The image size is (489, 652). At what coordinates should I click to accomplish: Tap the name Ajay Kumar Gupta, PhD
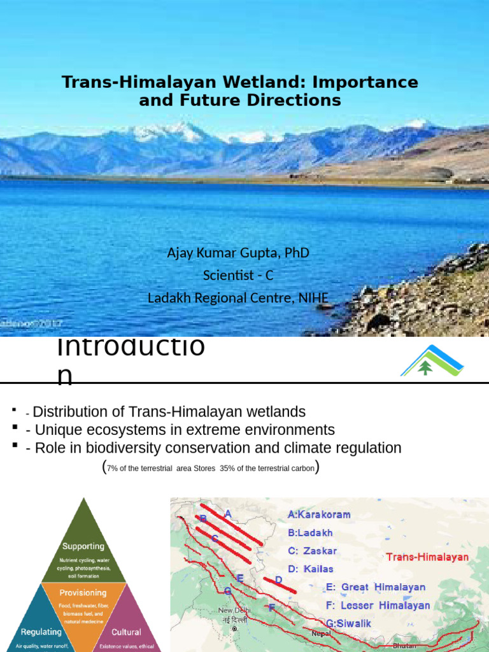click(238, 253)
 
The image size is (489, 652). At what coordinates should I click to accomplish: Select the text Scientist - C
click(238, 275)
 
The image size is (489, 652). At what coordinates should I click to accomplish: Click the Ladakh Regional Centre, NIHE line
click(238, 297)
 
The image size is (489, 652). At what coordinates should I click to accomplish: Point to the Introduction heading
click(131, 360)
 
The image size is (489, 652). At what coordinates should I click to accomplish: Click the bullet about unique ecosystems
click(180, 430)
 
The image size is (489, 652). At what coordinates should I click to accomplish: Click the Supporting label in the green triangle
click(83, 546)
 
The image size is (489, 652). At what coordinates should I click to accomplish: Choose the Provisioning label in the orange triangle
click(83, 593)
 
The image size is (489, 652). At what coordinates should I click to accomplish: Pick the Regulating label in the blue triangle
click(40, 632)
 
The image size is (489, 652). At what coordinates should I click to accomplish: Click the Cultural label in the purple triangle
click(126, 632)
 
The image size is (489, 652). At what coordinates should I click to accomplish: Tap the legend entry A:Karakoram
click(319, 514)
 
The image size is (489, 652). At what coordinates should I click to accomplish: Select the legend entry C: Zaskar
click(312, 551)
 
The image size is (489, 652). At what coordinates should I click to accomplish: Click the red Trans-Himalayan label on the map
click(427, 557)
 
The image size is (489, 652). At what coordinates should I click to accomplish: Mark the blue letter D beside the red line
click(278, 580)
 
